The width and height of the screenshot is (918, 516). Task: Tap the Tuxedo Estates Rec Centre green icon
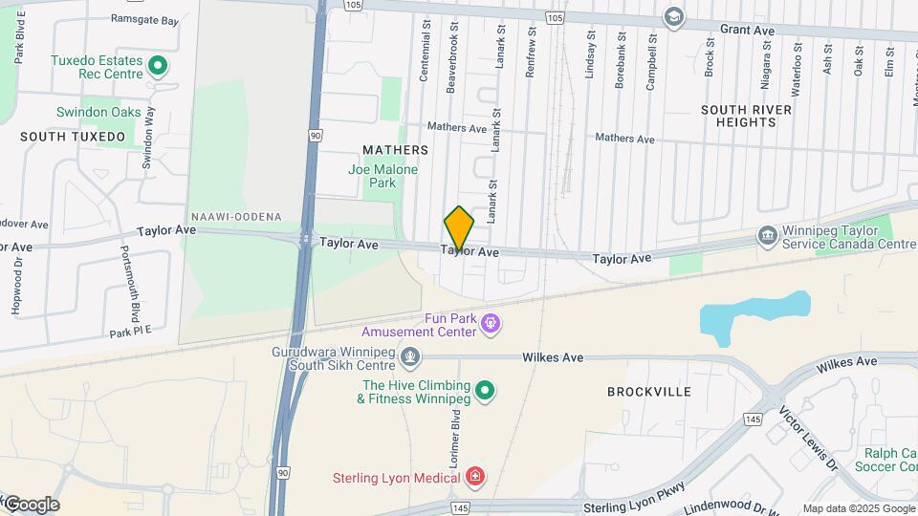pyautogui.click(x=159, y=66)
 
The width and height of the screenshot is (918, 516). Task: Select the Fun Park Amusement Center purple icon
pyautogui.click(x=491, y=323)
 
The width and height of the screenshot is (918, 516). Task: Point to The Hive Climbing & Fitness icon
pyautogui.click(x=485, y=389)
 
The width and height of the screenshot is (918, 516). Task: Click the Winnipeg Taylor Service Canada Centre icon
pyautogui.click(x=766, y=235)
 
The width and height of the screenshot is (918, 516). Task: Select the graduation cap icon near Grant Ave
pyautogui.click(x=674, y=17)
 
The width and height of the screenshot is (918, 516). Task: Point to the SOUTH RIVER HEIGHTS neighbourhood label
pyautogui.click(x=746, y=116)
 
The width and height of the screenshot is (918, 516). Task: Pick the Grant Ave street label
pyautogui.click(x=747, y=31)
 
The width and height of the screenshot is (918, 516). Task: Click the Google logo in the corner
pyautogui.click(x=31, y=505)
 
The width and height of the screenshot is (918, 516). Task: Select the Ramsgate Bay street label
pyautogui.click(x=144, y=19)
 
